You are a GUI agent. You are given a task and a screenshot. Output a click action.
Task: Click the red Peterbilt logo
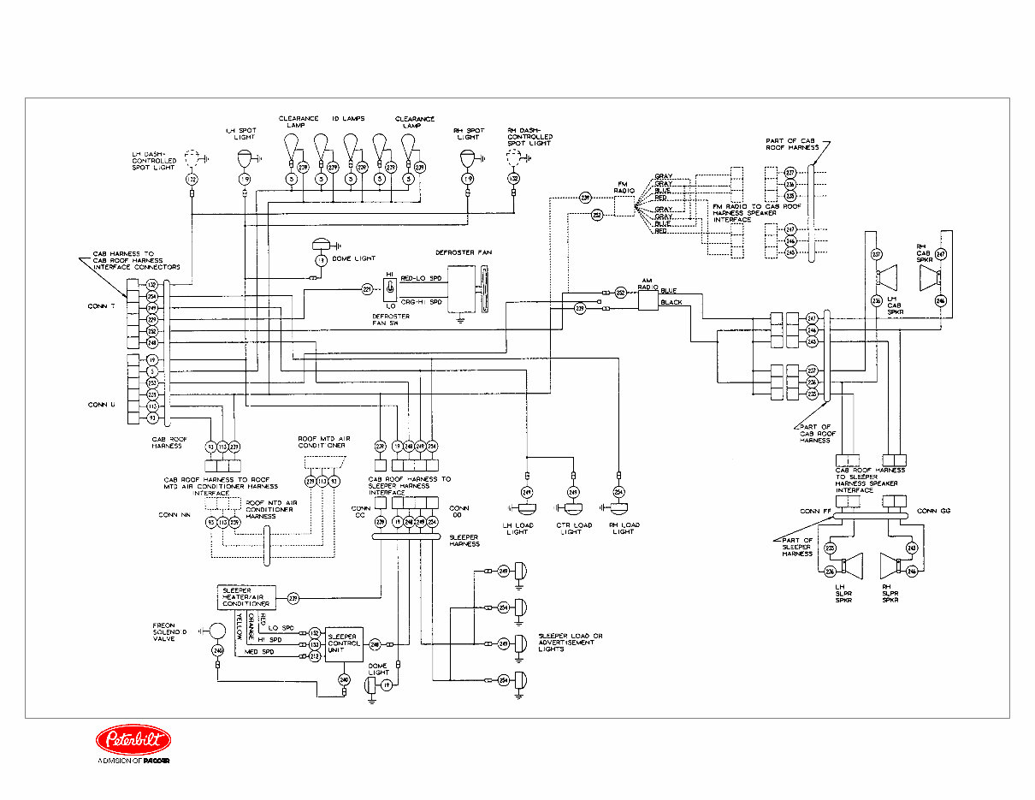133,740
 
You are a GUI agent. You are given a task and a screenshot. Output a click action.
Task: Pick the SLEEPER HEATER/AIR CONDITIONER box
245,597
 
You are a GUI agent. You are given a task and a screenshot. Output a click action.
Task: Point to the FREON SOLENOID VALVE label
169,631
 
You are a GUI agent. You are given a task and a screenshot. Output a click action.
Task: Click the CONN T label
101,307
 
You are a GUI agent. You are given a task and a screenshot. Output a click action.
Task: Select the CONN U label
101,404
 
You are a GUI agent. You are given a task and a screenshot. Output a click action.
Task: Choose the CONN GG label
934,511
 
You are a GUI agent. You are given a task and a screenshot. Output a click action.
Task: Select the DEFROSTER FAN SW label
390,319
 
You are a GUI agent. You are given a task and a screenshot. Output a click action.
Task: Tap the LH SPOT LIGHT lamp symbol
245,157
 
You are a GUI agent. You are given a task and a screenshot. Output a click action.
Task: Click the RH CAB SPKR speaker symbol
930,277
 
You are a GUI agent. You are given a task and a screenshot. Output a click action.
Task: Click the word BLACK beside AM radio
671,303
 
